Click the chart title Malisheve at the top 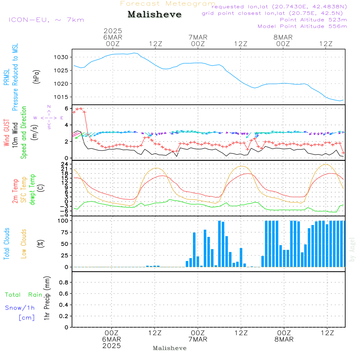click(154, 15)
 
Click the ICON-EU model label click(46, 19)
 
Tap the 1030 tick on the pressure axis click(61, 57)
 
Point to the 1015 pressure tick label click(61, 97)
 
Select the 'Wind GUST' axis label click(7, 133)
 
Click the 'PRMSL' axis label click(7, 77)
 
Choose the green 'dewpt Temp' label click(32, 190)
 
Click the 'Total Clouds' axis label click(7, 244)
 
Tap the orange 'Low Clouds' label click(24, 244)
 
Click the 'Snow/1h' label click(20, 308)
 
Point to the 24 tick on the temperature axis click(66, 164)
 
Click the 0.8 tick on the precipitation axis click(64, 283)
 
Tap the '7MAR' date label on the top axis click(198, 37)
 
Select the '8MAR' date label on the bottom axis click(284, 339)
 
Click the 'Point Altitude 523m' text click(313, 20)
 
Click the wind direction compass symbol click(49, 118)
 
